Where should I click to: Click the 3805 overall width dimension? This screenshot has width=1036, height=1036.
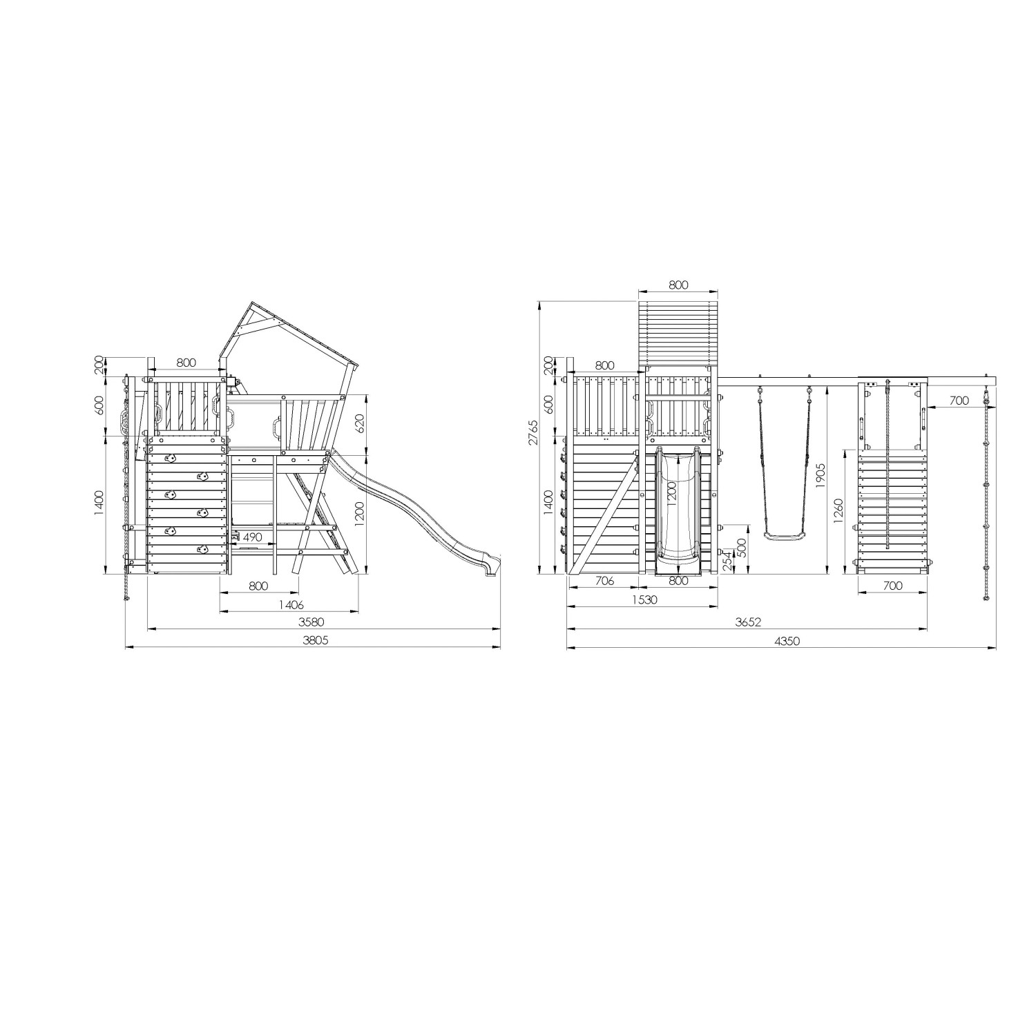tap(314, 640)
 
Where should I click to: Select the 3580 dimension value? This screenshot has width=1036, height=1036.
tap(314, 622)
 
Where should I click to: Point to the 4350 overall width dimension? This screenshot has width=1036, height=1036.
tap(786, 640)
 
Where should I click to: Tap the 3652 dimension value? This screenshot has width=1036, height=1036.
tap(747, 622)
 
